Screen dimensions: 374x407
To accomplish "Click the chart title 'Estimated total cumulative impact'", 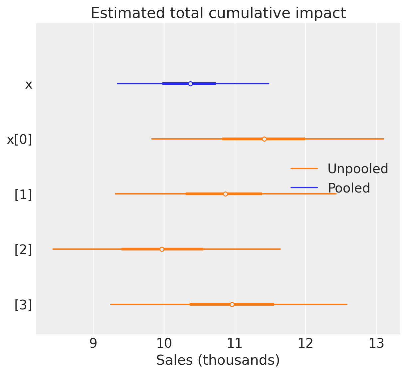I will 218,13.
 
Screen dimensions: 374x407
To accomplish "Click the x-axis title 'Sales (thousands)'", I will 218,360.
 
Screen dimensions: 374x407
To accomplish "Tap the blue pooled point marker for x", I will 190,84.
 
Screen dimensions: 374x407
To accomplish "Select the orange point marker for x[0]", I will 264,139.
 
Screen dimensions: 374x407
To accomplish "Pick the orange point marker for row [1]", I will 225,194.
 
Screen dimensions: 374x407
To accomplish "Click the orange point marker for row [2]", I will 162,249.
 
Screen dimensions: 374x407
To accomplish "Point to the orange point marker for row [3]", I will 232,304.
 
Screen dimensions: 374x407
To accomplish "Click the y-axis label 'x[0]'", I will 20,140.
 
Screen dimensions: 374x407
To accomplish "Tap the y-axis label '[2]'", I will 23,250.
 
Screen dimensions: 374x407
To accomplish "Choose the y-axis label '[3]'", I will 23,305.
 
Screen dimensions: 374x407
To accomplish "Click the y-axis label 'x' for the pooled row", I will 29,85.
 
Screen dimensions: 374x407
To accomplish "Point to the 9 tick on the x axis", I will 93,344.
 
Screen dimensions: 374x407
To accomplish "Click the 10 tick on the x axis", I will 164,344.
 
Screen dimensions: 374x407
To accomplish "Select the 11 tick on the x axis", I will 235,344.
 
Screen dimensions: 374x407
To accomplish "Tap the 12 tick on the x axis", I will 305,344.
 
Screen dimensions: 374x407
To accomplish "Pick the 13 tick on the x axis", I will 376,344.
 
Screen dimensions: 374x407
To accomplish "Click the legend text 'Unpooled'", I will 358,169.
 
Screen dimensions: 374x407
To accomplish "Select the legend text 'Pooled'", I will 349,188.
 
